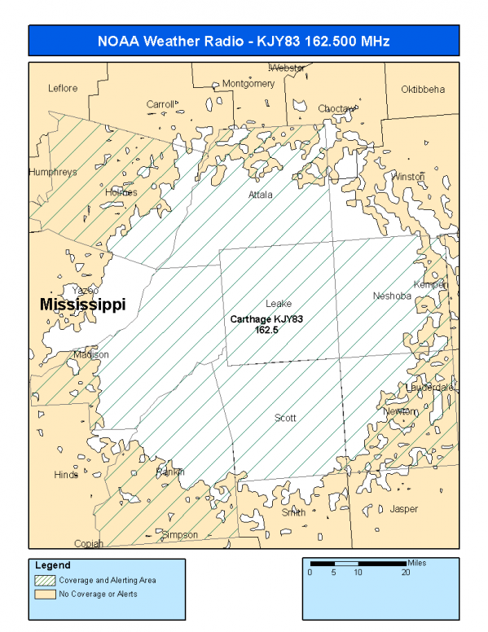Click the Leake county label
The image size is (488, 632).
(x=278, y=304)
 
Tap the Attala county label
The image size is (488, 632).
(x=261, y=195)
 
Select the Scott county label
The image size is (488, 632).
(x=284, y=418)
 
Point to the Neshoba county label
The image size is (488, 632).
(x=392, y=296)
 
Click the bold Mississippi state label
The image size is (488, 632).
(x=82, y=305)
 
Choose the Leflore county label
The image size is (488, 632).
(x=63, y=88)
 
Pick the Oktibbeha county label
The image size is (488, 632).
(x=423, y=89)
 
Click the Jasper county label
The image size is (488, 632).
(x=404, y=509)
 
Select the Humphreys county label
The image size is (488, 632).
(x=52, y=173)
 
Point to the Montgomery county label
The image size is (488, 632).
(x=248, y=83)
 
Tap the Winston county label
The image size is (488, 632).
(x=408, y=177)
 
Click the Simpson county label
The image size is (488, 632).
(x=180, y=534)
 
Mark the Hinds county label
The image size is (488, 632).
(x=66, y=475)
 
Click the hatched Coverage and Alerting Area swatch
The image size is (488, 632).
(x=44, y=581)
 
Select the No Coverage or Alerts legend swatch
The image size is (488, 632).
(x=44, y=594)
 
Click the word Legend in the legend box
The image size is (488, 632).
(x=52, y=565)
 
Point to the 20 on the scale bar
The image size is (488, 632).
(x=405, y=572)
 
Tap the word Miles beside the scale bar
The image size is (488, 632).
(x=417, y=563)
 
